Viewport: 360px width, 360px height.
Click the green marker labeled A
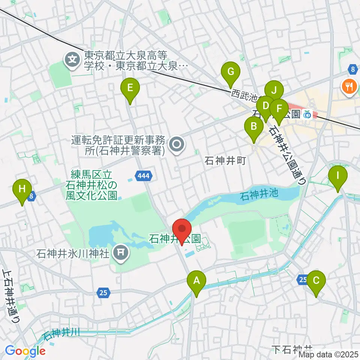tap(196, 280)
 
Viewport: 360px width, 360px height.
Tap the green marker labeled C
tap(316, 280)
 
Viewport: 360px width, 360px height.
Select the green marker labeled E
tap(130, 88)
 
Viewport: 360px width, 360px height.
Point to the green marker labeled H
tap(22, 188)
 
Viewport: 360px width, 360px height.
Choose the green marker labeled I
tap(337, 175)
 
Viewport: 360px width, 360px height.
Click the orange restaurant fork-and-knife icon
tap(349, 87)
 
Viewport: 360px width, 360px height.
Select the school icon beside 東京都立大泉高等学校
tap(72, 59)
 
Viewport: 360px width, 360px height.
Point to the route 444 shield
tap(144, 175)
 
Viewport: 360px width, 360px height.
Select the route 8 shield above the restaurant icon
tap(352, 69)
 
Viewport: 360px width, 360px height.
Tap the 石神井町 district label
tap(225, 161)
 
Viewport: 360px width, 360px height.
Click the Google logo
tap(25, 351)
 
